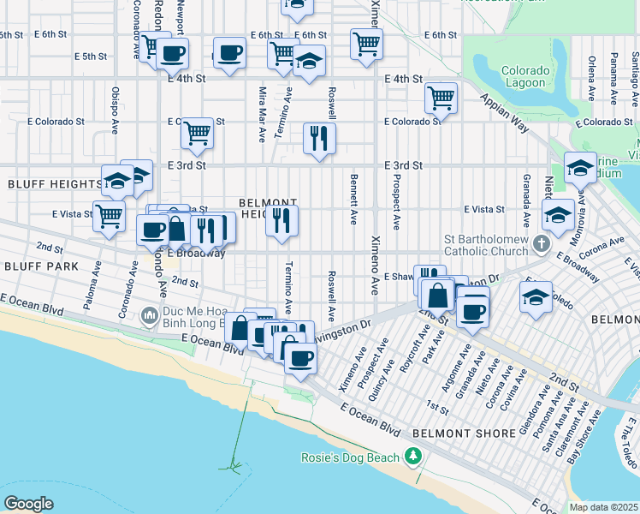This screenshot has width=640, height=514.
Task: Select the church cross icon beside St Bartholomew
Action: pos(540,244)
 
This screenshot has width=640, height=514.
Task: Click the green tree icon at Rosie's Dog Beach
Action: pos(414,456)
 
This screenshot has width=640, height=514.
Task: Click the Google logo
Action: pos(28,504)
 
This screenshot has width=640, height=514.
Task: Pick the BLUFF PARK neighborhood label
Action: pos(41,266)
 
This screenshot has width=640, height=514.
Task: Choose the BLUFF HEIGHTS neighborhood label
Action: pos(55,184)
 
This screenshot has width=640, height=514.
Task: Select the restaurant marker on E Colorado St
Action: pos(319,138)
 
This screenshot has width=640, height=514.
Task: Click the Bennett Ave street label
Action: pos(353,199)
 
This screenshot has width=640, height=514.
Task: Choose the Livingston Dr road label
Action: pos(341,331)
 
